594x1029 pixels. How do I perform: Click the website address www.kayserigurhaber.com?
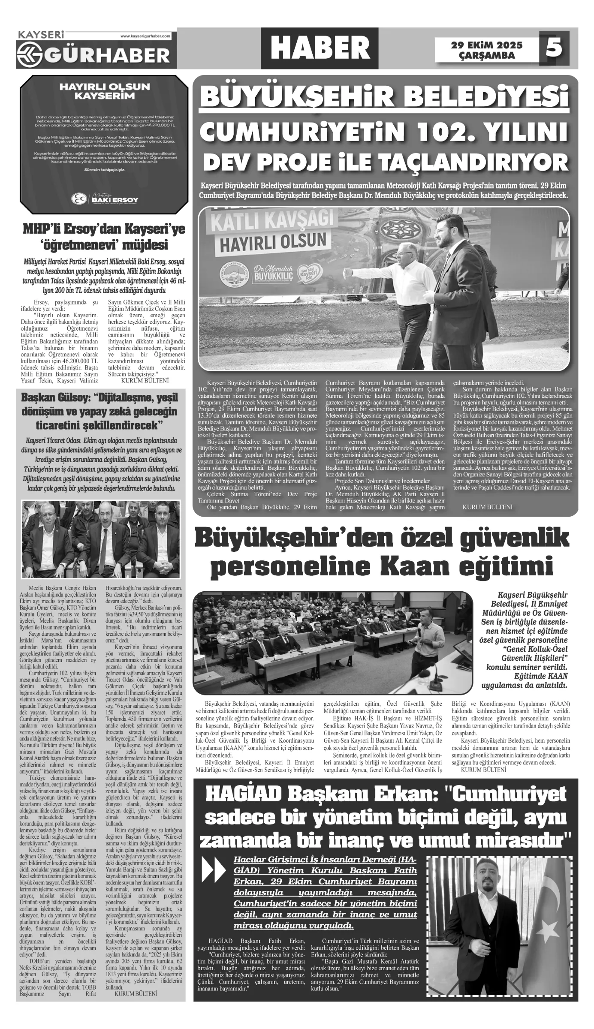145,36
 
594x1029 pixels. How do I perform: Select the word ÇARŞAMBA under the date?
487,55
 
